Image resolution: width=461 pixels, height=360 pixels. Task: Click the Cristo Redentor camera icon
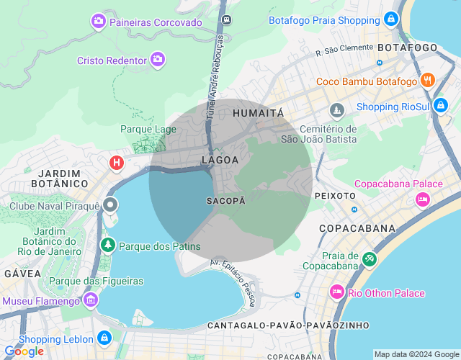[157, 60]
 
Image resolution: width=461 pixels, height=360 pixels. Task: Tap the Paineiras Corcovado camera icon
[98, 22]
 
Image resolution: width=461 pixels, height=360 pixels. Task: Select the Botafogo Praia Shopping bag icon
[390, 19]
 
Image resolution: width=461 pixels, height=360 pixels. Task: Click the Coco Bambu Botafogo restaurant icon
[427, 80]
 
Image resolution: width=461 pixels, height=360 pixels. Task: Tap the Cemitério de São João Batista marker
[336, 110]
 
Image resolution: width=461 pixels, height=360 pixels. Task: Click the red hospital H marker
[115, 163]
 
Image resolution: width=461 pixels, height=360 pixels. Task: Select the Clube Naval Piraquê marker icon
[110, 206]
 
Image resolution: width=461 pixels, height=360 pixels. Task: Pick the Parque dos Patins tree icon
[108, 246]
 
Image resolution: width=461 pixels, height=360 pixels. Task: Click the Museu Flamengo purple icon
[90, 299]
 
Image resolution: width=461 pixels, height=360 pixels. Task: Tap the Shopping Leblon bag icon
[104, 337]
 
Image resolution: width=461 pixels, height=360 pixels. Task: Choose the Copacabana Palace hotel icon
[423, 198]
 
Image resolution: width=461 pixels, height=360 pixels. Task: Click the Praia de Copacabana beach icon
[370, 257]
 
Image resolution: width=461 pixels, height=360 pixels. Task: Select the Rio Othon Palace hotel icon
[336, 292]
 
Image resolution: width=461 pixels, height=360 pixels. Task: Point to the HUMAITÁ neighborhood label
[259, 113]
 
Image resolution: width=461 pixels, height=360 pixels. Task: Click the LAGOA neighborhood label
[220, 160]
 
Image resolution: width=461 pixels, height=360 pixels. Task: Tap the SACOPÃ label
[225, 200]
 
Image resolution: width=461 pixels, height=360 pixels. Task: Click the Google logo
[24, 351]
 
